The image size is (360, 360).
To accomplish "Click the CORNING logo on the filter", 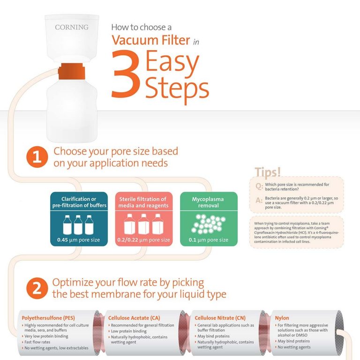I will click(71, 27).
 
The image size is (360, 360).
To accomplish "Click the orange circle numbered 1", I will click(37, 157).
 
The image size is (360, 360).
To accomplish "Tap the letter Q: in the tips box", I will click(259, 186).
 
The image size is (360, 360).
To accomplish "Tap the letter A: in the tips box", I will click(259, 201).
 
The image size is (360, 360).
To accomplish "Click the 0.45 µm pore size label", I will click(75, 240).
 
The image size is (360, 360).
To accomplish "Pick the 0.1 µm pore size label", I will click(209, 240).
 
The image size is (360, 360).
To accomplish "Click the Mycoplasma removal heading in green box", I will click(209, 202).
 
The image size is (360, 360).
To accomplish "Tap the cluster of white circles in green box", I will click(209, 224).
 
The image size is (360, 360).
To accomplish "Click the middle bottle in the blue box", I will click(78, 225).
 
